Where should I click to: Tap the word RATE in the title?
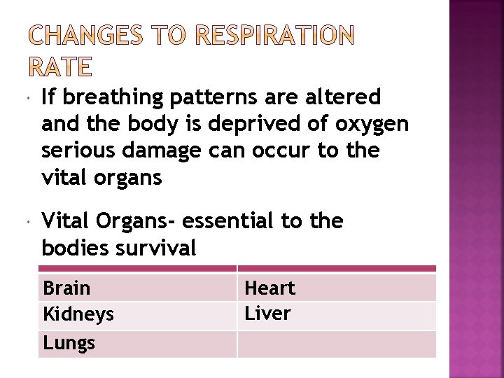pos(60,67)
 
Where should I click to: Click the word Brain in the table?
pos(66,288)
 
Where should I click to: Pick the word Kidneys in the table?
pos(78,315)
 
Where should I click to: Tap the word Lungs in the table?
pos(69,343)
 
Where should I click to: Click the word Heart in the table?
pos(269,288)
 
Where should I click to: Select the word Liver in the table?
pos(267,314)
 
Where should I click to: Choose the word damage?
pos(163,150)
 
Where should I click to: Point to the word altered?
pos(340,97)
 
